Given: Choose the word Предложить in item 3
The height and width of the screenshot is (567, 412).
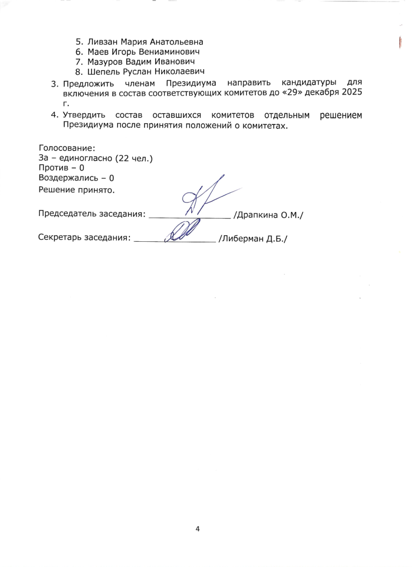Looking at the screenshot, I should [x=86, y=82].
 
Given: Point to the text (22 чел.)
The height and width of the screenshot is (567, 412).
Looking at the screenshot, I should [x=134, y=158].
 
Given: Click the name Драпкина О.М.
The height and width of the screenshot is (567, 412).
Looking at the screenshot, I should [x=268, y=214].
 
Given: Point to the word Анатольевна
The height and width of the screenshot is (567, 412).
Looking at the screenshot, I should [x=174, y=42].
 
